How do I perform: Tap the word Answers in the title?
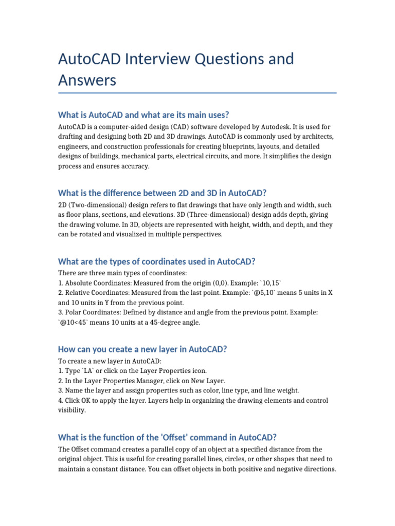pyautogui.click(x=87, y=80)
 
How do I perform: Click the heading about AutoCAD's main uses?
pyautogui.click(x=143, y=115)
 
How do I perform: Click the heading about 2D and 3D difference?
pyautogui.click(x=163, y=193)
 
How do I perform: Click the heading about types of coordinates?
pyautogui.click(x=157, y=261)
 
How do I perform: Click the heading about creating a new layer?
pyautogui.click(x=143, y=349)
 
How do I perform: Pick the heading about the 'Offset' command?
pyautogui.click(x=168, y=437)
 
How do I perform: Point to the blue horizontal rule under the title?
pyautogui.click(x=197, y=93)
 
